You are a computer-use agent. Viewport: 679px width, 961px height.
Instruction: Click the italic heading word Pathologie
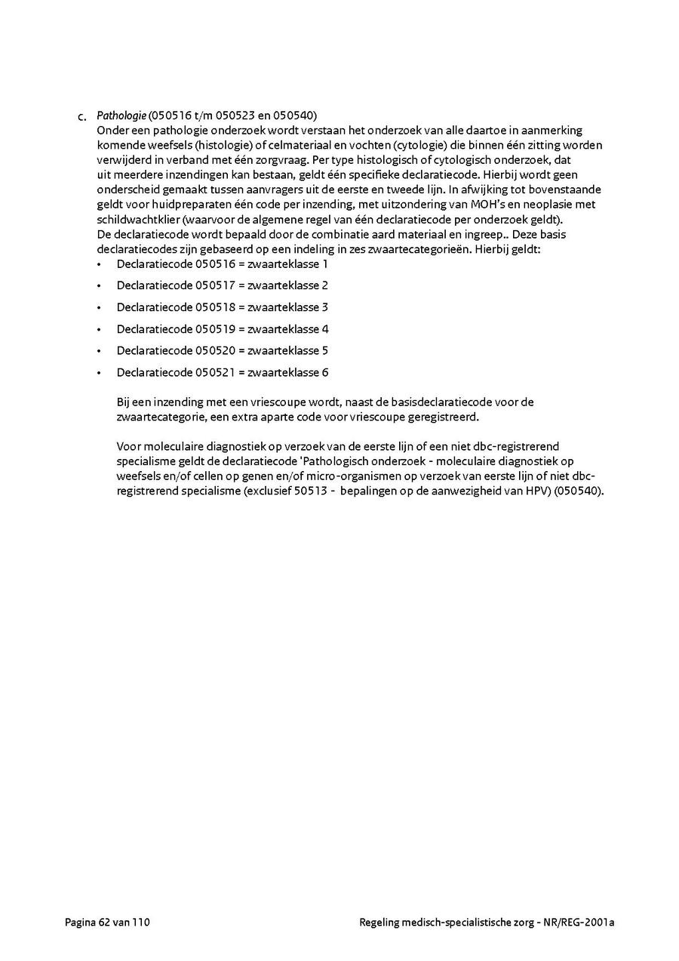click(x=121, y=116)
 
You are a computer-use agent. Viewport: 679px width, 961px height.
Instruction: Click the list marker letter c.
click(x=82, y=117)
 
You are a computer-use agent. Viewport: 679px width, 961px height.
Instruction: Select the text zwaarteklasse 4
click(x=288, y=329)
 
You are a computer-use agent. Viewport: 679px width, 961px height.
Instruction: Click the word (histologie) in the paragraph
click(x=213, y=145)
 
